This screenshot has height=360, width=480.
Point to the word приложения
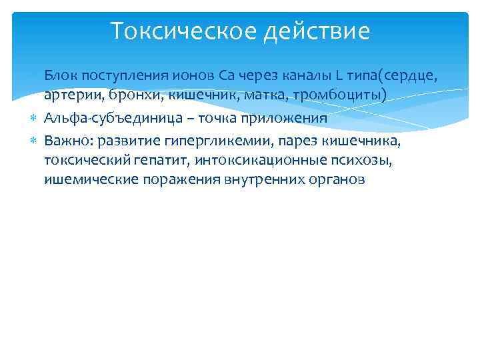coord(288,118)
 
